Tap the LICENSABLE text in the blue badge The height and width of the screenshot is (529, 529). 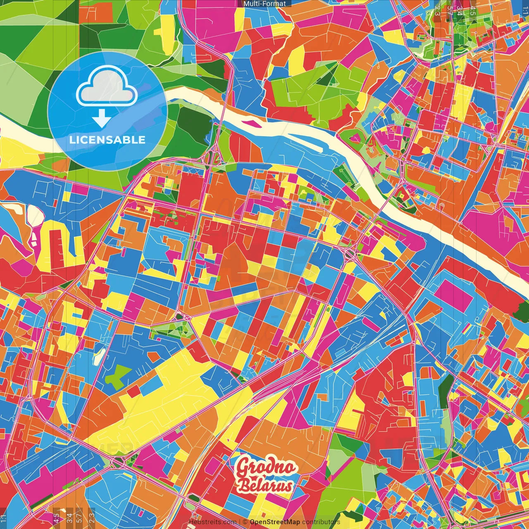point(107,140)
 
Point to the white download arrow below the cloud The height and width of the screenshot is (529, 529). point(102,119)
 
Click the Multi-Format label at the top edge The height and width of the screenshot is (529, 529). point(264,3)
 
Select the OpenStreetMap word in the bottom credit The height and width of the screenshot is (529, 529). point(275,522)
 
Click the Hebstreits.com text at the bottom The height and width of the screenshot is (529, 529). point(213,522)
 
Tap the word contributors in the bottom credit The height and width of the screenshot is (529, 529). point(321,522)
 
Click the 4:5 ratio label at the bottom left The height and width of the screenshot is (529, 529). point(56,518)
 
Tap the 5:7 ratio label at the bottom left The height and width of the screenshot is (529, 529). point(79,518)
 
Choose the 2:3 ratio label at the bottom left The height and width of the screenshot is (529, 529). point(91,518)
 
